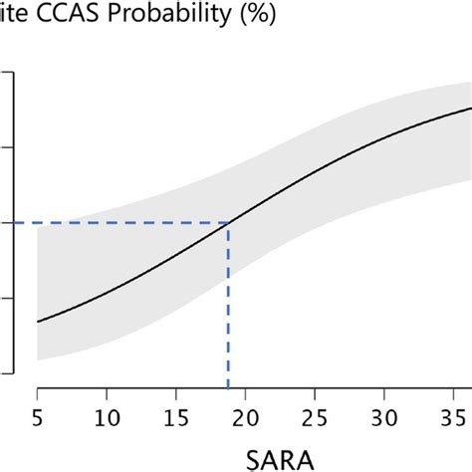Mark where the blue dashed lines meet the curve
tap(229, 223)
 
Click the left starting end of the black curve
tap(37, 322)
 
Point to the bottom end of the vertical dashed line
tap(229, 389)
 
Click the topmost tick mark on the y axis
tap(6, 72)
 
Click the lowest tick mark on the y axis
tap(6, 374)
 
